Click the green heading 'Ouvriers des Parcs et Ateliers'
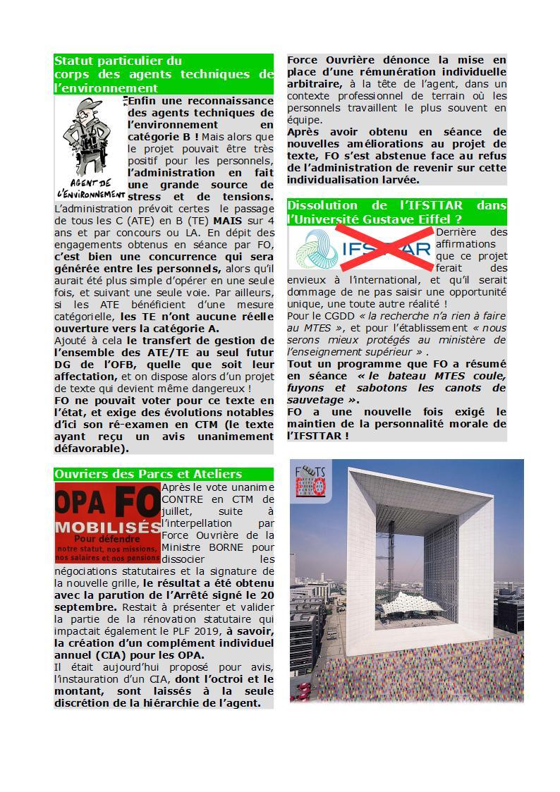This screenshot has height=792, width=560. [148, 474]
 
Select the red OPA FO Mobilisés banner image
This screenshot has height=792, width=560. [107, 523]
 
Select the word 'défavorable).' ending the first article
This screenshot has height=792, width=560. [92, 448]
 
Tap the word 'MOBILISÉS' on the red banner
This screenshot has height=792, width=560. [107, 527]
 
